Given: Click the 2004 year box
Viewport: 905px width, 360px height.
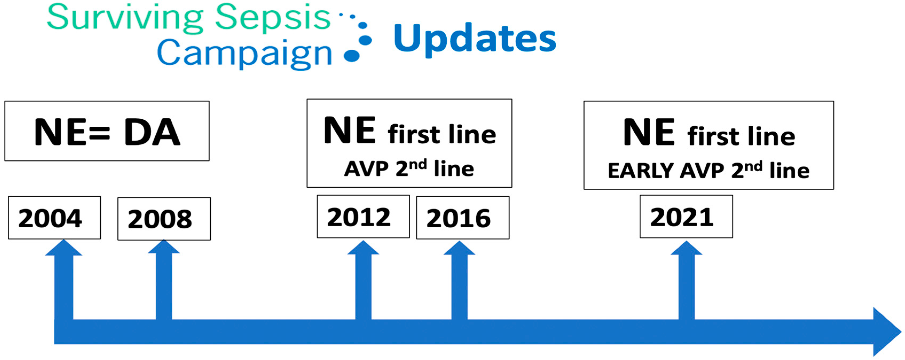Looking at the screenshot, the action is tap(54, 218).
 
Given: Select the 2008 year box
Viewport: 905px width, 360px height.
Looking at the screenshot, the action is tap(164, 219).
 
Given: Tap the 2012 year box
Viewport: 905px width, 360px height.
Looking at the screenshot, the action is tap(363, 217).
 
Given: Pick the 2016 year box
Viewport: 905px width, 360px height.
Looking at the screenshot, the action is tap(463, 218).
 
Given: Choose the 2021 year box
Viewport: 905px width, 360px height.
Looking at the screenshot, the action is tap(686, 217).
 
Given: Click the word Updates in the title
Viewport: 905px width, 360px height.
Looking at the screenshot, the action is tap(475, 39).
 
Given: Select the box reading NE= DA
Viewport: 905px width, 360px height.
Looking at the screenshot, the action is tap(107, 131).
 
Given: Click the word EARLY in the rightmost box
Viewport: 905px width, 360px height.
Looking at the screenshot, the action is tap(640, 171).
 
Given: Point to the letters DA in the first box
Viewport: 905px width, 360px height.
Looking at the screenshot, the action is tap(152, 132).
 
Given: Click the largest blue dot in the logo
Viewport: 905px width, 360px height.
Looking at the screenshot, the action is tap(352, 56).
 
